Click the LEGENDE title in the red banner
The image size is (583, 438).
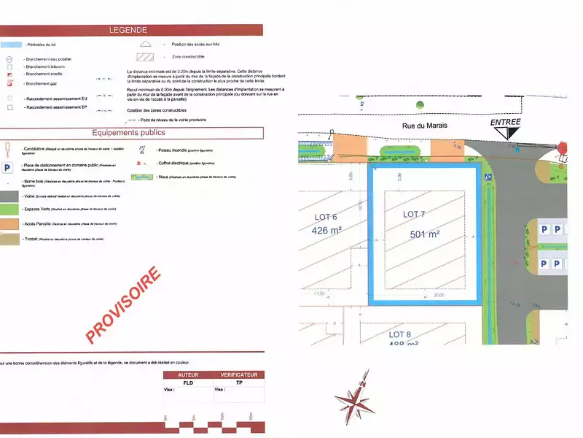tap(128, 30)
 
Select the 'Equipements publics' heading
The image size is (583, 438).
tap(128, 133)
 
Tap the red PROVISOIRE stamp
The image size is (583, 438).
tap(123, 305)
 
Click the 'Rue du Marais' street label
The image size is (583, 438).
tap(424, 126)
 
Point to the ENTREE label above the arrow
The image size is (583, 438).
tap(506, 122)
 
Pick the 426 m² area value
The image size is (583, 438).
tap(326, 230)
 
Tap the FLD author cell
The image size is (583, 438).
tap(188, 383)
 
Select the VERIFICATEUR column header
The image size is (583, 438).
tap(238, 374)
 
